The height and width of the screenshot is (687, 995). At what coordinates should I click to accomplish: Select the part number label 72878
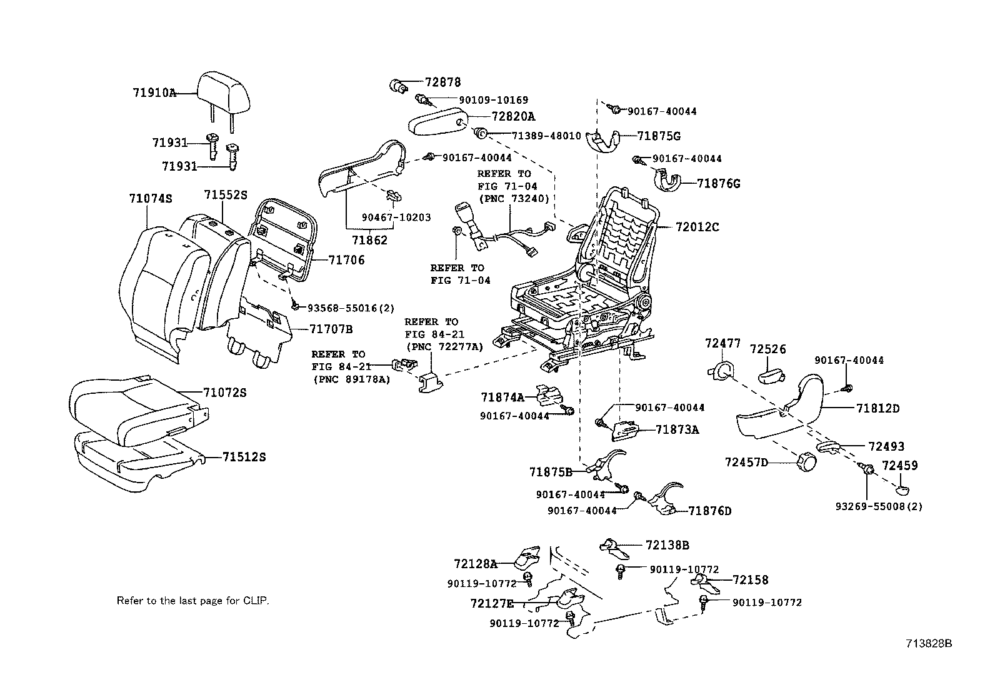point(443,82)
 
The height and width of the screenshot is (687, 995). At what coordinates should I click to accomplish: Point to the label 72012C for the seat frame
point(697,227)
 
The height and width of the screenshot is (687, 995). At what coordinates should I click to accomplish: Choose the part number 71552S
point(225,195)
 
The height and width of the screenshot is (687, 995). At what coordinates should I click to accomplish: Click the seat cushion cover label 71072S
point(225,393)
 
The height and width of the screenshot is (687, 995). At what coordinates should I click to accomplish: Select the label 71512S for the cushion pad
point(244,457)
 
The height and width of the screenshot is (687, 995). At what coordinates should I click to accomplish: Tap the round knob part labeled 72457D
point(806,464)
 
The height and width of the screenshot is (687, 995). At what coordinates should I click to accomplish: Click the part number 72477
point(722,343)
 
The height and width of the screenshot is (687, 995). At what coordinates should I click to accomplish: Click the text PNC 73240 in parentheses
point(514,199)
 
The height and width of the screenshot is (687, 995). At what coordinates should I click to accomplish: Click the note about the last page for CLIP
point(192,601)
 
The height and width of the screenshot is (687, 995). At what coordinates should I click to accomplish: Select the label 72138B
point(667,545)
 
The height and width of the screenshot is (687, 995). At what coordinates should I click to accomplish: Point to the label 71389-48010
point(546,136)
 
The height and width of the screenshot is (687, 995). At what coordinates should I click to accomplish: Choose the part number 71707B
point(331,329)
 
